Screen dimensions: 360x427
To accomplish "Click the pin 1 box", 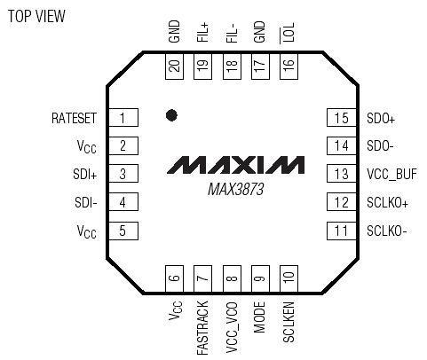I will pyautogui.click(x=123, y=118).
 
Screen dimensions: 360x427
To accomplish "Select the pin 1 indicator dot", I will pyautogui.click(x=171, y=115).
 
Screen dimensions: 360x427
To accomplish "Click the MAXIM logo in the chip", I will pyautogui.click(x=234, y=166).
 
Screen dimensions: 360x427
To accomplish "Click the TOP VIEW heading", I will pyautogui.click(x=36, y=17).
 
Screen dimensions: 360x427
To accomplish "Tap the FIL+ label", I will pyautogui.click(x=202, y=34).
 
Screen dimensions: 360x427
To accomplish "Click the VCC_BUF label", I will pyautogui.click(x=391, y=175).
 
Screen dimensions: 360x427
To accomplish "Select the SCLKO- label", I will pyautogui.click(x=387, y=231).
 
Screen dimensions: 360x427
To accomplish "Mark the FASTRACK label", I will pyautogui.click(x=202, y=325).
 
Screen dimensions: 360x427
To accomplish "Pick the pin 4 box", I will pyautogui.click(x=123, y=203).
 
